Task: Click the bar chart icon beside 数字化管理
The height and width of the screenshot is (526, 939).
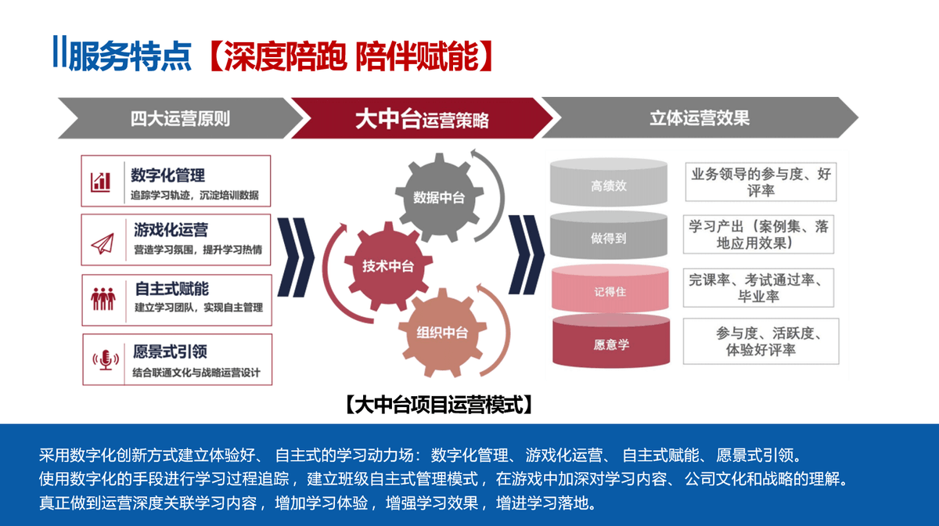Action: tap(101, 182)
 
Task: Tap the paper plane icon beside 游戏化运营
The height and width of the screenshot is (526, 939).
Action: tap(102, 242)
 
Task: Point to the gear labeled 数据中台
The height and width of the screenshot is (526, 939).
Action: tap(438, 198)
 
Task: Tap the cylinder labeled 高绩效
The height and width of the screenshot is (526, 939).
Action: tap(609, 186)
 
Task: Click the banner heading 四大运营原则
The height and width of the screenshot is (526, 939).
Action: tap(181, 119)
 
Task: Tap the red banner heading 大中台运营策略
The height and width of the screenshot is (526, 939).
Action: tap(422, 119)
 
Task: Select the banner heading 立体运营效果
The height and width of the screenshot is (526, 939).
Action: tap(700, 118)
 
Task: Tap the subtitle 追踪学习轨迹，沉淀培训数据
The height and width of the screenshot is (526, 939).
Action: tap(196, 195)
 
